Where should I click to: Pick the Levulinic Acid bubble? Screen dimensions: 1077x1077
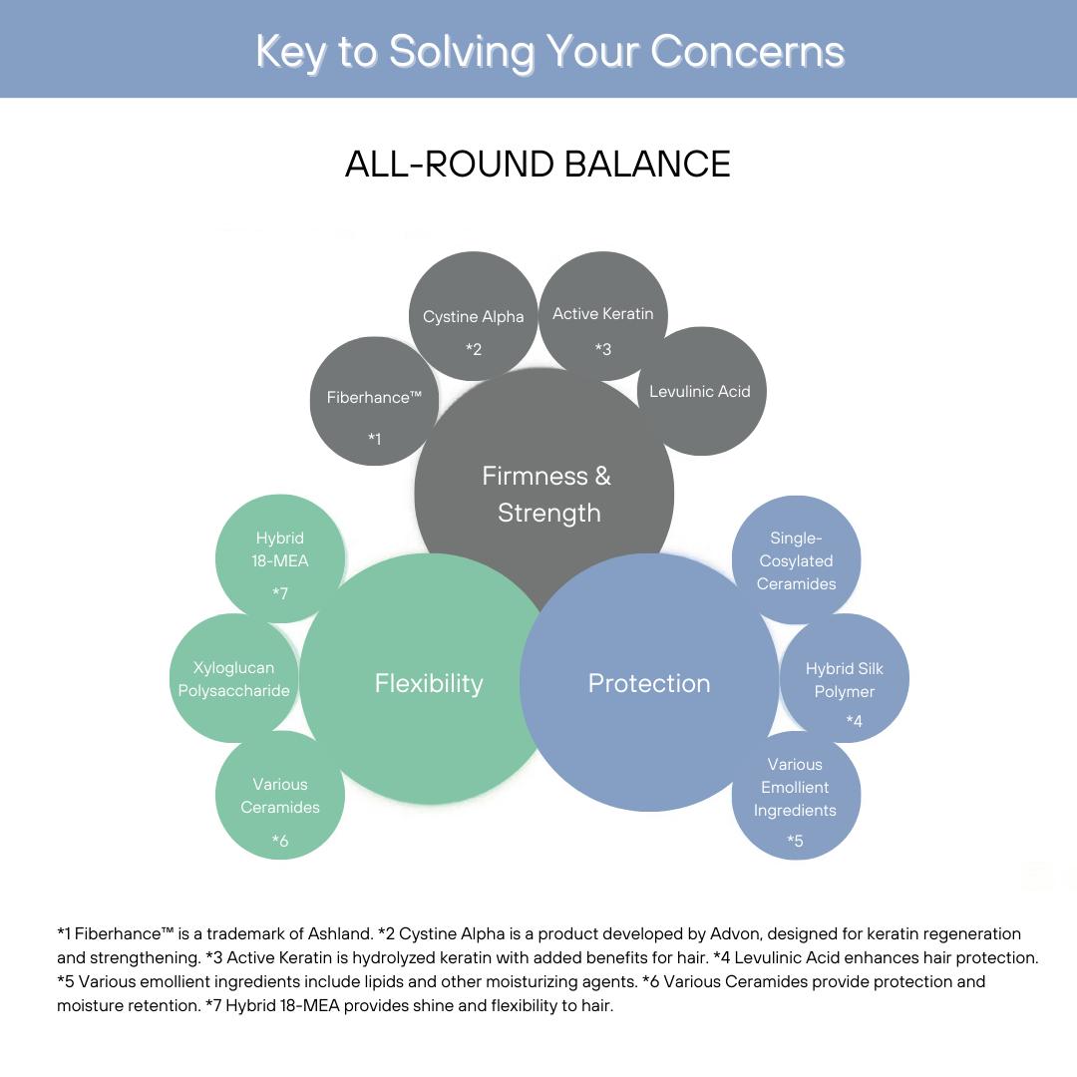point(700,391)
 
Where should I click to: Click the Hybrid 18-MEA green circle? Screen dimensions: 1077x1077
point(280,558)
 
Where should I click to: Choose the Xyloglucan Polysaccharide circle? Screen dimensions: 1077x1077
point(234,678)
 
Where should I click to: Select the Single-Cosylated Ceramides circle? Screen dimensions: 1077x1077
point(796,560)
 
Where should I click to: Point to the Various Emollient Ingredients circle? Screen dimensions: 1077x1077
point(795,794)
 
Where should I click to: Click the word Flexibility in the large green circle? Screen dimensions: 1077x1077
point(429,683)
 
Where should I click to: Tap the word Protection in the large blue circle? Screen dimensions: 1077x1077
point(649,683)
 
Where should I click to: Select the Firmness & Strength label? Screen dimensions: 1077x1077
point(546,494)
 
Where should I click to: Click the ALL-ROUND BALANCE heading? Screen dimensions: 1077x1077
point(538,164)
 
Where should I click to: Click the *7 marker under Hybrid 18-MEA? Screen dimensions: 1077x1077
point(280,593)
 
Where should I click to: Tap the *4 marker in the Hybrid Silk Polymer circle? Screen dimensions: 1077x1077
point(854,720)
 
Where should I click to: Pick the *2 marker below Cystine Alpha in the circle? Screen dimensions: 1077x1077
point(474,349)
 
